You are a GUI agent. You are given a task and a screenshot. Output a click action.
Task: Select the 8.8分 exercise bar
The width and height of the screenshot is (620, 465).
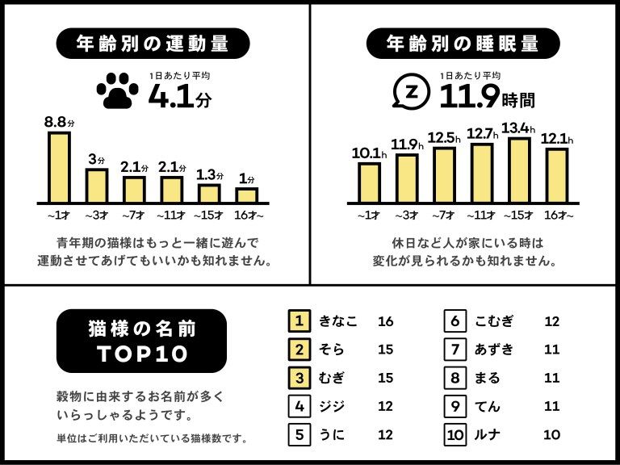59,166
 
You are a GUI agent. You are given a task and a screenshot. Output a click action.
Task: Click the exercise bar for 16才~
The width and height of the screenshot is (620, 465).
246,195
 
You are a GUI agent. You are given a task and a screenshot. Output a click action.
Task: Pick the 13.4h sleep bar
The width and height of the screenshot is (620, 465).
518,170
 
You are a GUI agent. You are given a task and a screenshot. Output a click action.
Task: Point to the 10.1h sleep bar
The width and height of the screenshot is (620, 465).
369,182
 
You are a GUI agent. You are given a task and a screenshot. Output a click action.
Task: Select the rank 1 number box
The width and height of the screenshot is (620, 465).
300,321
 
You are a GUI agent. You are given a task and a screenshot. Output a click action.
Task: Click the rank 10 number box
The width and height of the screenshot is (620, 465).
456,434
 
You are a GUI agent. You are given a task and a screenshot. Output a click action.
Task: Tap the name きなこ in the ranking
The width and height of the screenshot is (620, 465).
337,321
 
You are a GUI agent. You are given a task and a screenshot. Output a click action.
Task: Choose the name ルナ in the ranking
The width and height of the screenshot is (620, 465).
488,434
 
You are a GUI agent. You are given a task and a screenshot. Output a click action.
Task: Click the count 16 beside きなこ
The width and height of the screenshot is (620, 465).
385,321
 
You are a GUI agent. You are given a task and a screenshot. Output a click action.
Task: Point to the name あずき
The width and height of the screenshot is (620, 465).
494,350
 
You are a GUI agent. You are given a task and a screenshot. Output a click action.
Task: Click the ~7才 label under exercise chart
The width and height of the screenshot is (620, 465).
134,216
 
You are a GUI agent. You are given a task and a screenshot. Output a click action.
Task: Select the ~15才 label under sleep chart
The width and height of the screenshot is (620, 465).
519,216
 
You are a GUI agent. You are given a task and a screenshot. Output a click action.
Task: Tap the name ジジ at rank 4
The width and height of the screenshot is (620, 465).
332,406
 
